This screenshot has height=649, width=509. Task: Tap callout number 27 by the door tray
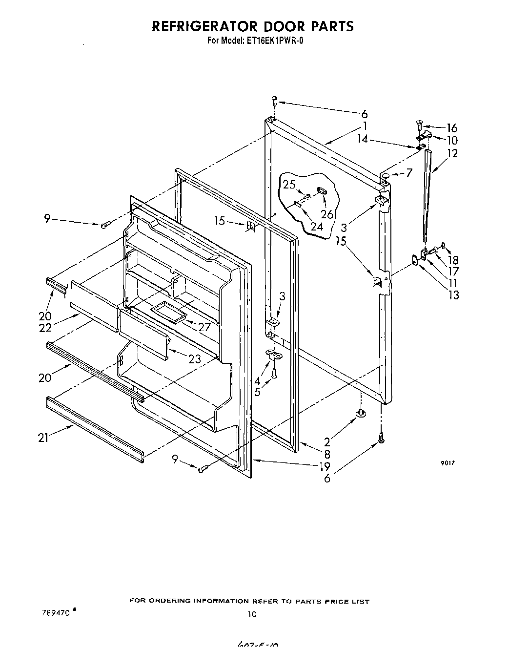[204, 327]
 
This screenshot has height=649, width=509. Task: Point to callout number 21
[43, 438]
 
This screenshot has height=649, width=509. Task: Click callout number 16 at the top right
[452, 128]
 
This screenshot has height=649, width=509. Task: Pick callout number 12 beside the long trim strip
[452, 153]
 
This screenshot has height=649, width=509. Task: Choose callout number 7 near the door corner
[409, 172]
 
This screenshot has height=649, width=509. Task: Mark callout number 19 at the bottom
[325, 466]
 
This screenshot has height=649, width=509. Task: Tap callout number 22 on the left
[45, 329]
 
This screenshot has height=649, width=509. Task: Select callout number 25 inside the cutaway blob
[289, 185]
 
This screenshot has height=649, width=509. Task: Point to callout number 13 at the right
[453, 294]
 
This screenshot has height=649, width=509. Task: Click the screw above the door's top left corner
[274, 101]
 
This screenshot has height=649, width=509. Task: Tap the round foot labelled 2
[360, 414]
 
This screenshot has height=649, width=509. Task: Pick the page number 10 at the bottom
[252, 614]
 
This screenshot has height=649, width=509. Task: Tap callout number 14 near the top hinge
[362, 138]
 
